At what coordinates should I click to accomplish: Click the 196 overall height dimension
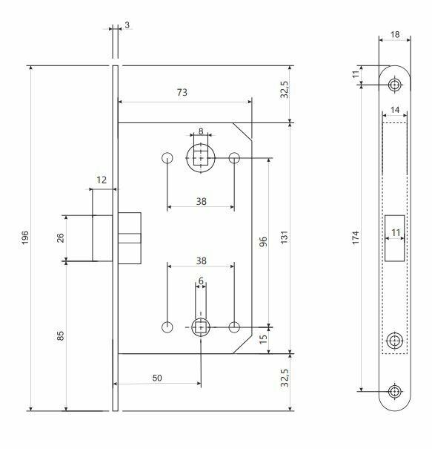(25, 237)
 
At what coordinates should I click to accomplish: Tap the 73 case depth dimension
(182, 92)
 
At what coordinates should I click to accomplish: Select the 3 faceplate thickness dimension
(127, 25)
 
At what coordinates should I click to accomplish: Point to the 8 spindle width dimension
(201, 131)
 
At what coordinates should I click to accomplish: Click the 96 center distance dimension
(263, 241)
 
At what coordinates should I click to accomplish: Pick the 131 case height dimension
(285, 237)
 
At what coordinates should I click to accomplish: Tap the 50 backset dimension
(157, 378)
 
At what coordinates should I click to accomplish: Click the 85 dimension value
(60, 336)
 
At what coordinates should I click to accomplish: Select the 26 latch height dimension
(60, 237)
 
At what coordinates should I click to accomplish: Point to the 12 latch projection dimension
(102, 180)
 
